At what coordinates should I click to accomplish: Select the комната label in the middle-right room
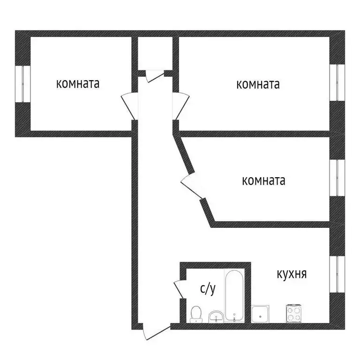coord(263,180)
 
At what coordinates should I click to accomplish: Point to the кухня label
coord(292,274)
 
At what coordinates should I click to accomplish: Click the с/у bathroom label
coord(208,289)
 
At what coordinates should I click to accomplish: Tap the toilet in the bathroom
coord(196,314)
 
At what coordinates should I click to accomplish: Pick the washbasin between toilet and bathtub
coord(216,316)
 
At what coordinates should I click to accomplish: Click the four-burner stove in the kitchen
coord(294,313)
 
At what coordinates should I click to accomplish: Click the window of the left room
coord(22,83)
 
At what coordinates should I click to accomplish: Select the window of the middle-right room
coord(337,177)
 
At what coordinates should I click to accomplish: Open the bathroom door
coord(178,289)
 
